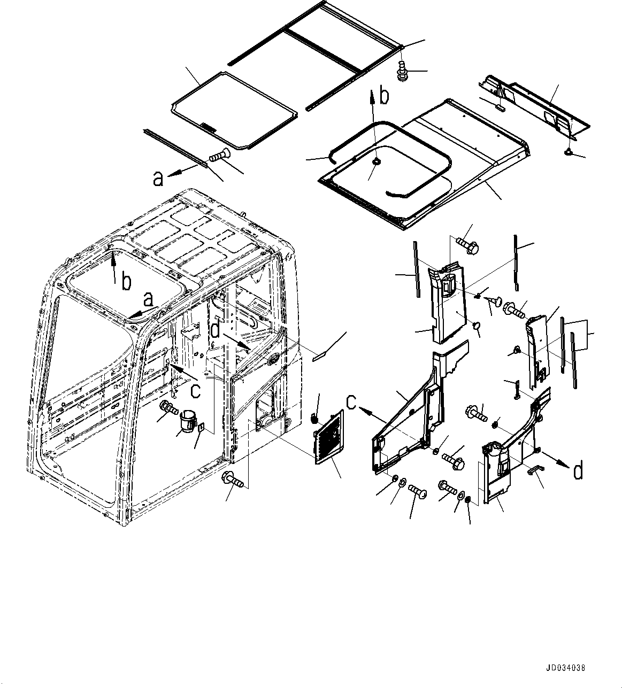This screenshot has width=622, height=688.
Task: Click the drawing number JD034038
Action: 566,668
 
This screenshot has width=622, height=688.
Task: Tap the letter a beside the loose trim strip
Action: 158,179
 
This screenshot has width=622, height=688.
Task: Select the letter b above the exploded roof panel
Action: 384,97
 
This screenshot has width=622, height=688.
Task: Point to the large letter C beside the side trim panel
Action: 351,402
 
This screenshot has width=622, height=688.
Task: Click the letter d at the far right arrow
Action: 578,471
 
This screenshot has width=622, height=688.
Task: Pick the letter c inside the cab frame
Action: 196,391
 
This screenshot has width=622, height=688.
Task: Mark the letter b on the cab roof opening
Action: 126,282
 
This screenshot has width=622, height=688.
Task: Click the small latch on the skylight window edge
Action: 208,128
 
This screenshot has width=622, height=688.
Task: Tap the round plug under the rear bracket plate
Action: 568,153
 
